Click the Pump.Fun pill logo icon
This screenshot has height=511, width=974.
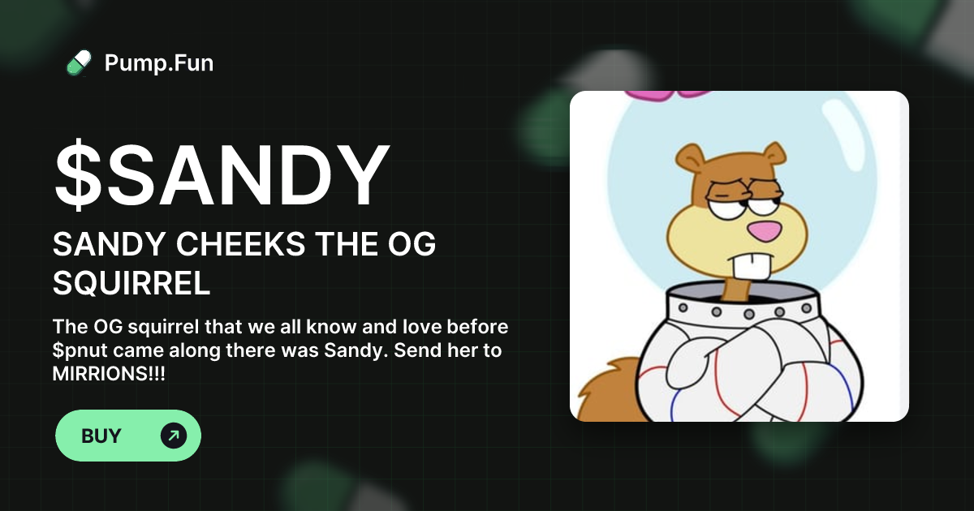tap(79, 62)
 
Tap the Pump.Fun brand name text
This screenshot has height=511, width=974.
tap(159, 62)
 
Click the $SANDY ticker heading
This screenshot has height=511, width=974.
tap(222, 178)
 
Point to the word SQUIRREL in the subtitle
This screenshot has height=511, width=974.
tap(132, 284)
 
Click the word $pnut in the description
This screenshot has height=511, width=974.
tap(83, 353)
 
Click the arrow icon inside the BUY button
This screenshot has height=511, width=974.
tap(173, 436)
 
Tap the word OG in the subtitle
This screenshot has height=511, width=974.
tap(414, 245)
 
